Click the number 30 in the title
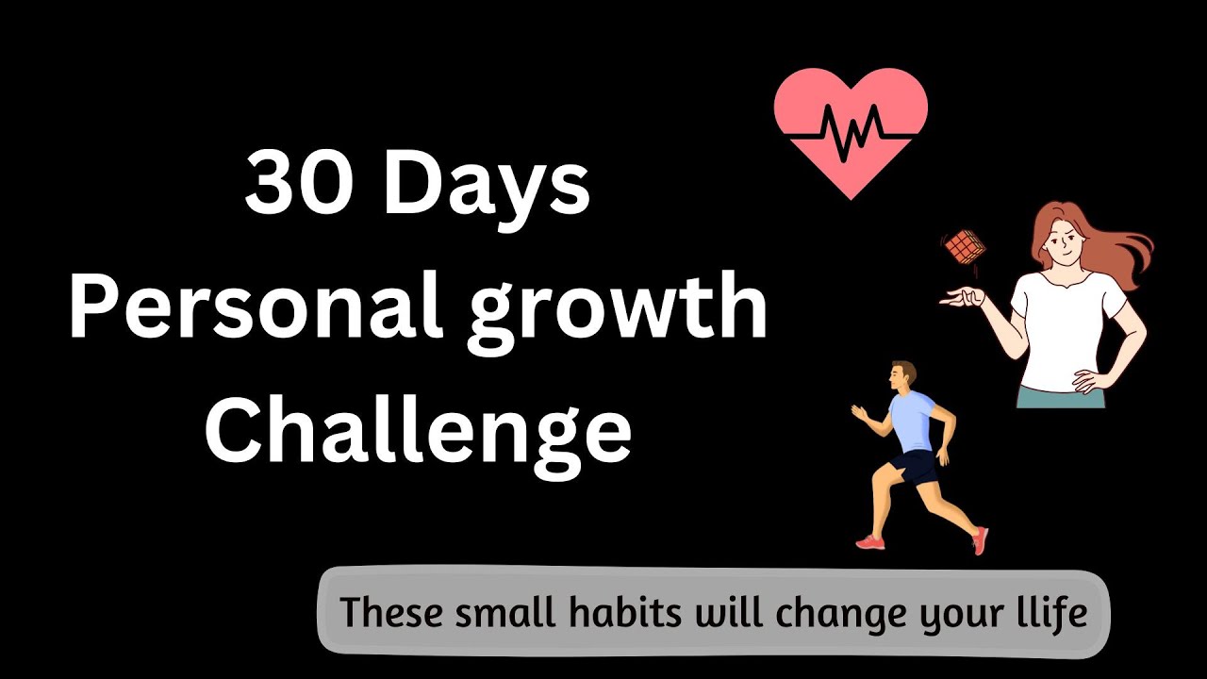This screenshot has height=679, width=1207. (x=301, y=184)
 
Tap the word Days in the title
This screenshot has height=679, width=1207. (x=487, y=186)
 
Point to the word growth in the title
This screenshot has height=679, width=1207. (x=618, y=311)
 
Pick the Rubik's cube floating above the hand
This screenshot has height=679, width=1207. (x=964, y=246)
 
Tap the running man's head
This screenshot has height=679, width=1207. (x=901, y=374)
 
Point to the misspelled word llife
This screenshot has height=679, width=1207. (x=1049, y=613)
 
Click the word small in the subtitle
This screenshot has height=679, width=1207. (x=499, y=613)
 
